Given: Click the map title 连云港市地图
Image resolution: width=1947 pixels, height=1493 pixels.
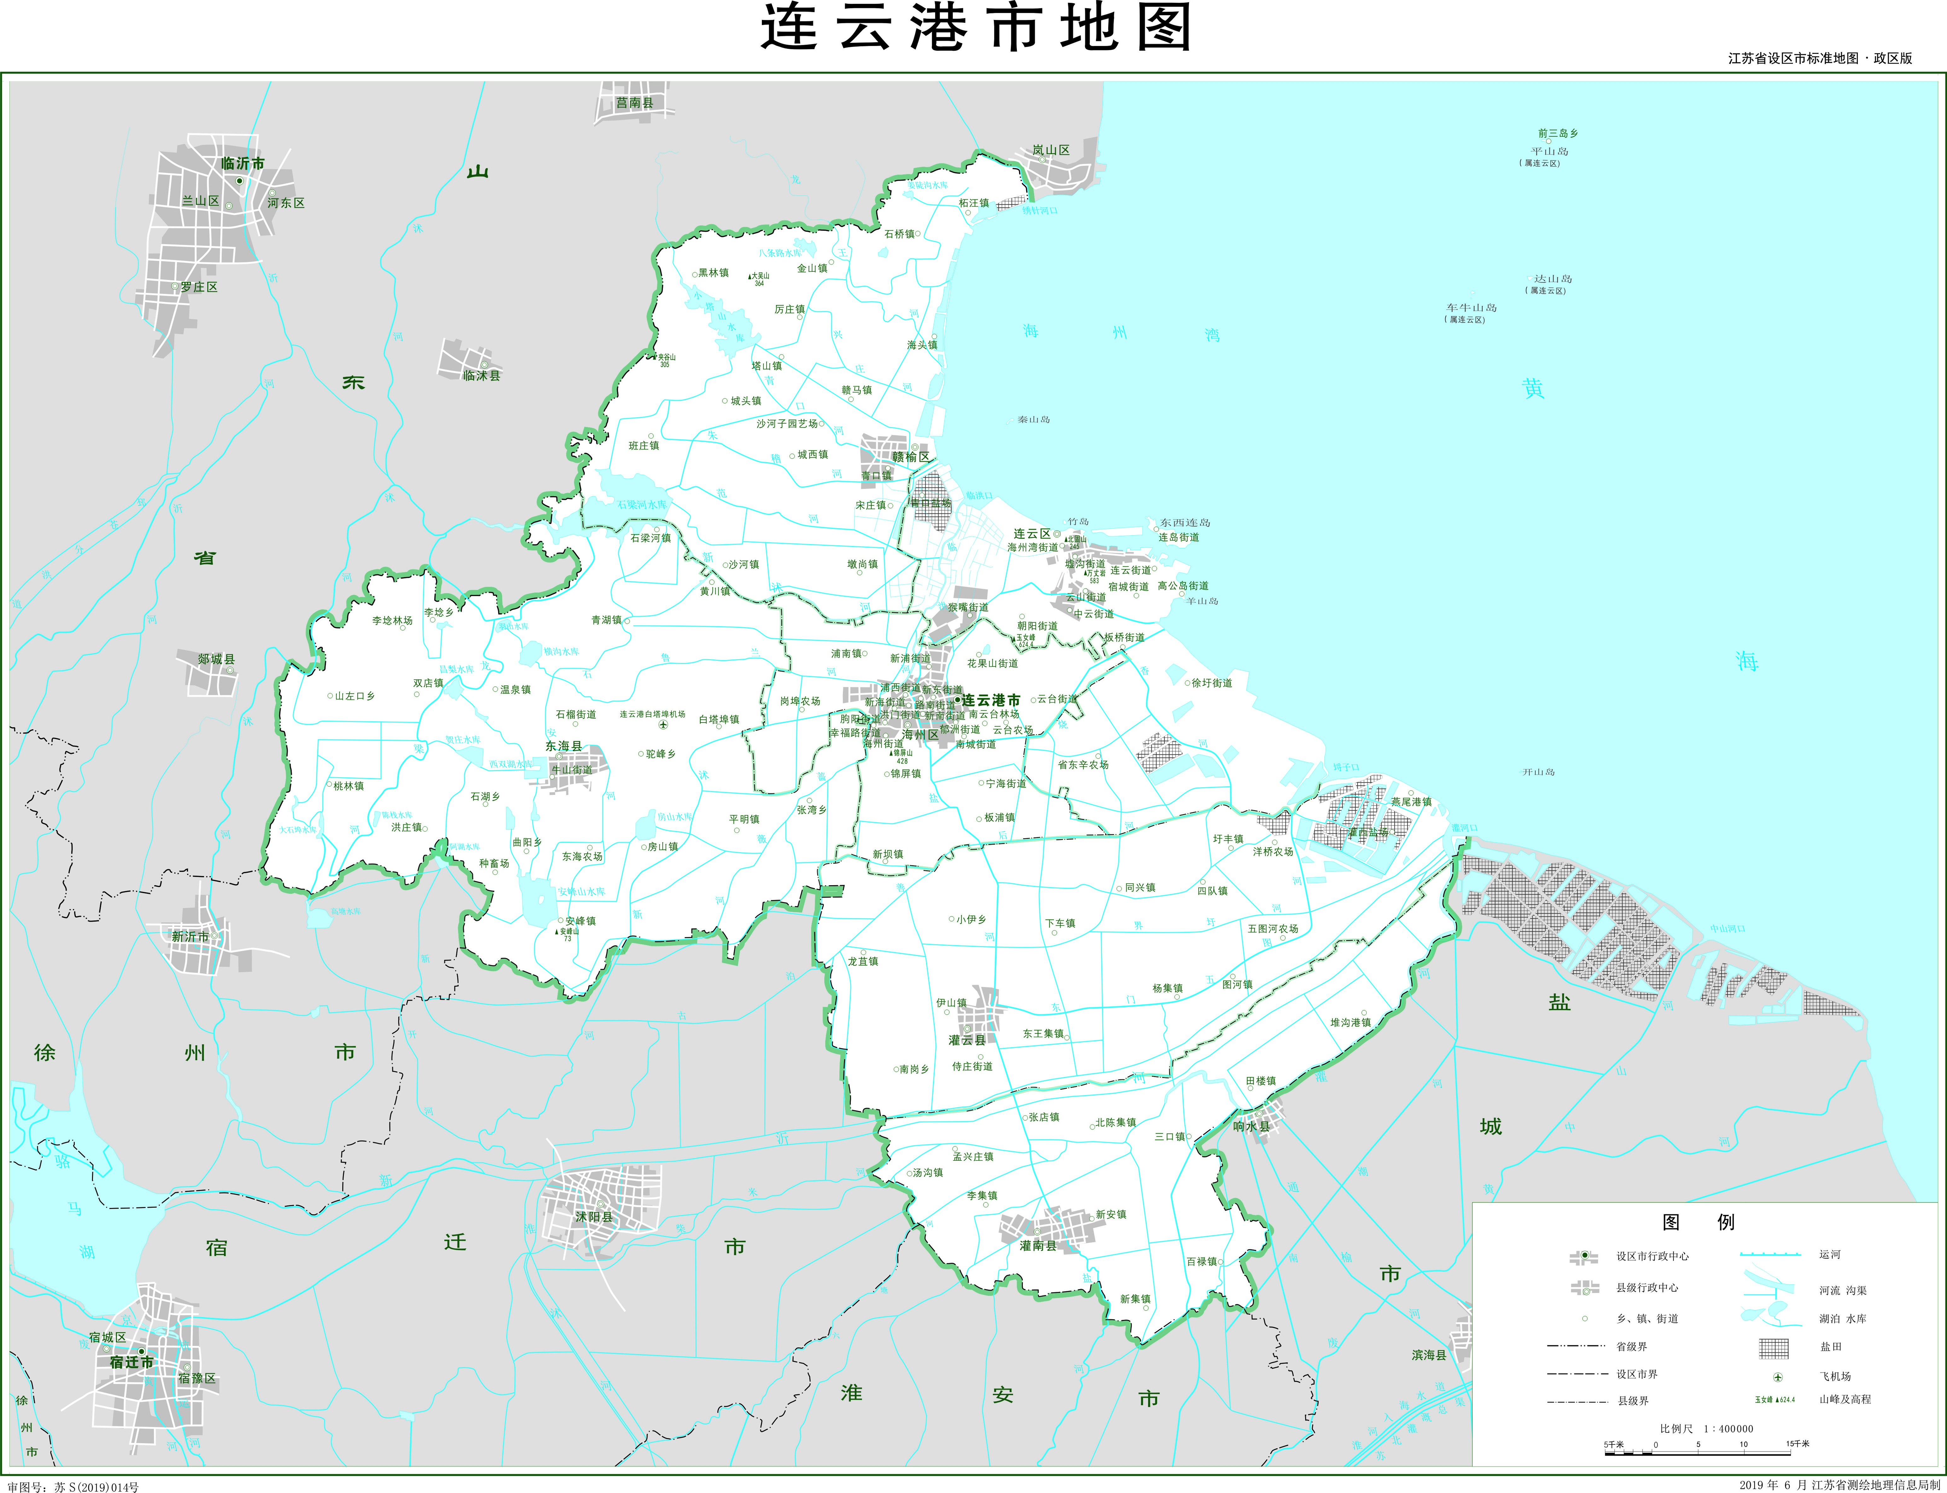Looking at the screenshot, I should pyautogui.click(x=975, y=27).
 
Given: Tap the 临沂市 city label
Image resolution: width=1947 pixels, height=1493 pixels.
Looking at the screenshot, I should pyautogui.click(x=243, y=164).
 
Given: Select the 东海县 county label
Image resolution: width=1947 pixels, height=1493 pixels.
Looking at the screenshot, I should pyautogui.click(x=563, y=746).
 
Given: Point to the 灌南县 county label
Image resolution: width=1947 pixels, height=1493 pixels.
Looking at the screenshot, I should pyautogui.click(x=1038, y=1246).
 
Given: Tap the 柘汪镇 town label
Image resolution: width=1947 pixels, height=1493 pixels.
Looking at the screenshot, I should pyautogui.click(x=974, y=204).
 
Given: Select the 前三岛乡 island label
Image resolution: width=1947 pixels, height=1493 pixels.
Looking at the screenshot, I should pyautogui.click(x=1558, y=133).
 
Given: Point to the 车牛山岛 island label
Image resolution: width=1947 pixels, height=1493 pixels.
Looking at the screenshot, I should pyautogui.click(x=1471, y=307).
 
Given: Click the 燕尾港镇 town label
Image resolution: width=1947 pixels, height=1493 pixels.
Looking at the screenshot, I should pyautogui.click(x=1411, y=802).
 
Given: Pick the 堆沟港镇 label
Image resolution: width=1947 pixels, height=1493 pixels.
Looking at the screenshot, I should pyautogui.click(x=1350, y=1023).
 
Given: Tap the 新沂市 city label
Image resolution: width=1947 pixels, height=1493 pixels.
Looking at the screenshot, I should pyautogui.click(x=190, y=937).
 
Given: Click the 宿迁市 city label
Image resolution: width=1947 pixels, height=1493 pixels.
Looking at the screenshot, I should pyautogui.click(x=131, y=1362).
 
